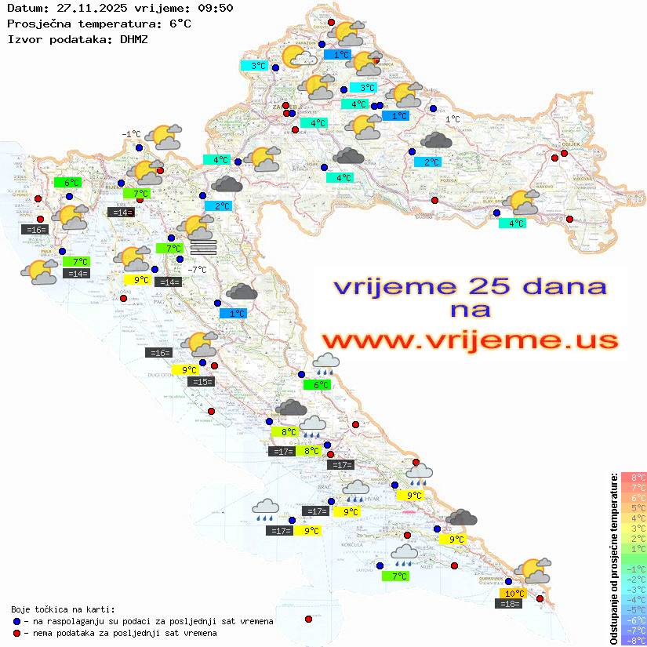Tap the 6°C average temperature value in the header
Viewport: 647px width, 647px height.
point(178,24)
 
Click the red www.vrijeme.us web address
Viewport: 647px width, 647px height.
point(469,340)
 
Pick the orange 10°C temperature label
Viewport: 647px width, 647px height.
point(514,594)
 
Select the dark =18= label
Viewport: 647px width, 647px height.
point(511,603)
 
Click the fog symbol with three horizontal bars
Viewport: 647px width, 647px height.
point(203,247)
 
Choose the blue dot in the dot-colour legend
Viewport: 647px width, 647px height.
point(16,621)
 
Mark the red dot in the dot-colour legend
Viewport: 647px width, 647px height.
point(16,633)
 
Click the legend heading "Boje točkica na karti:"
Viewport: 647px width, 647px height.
point(63,609)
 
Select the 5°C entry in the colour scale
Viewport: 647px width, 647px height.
point(632,507)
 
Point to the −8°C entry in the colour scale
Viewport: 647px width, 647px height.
point(632,640)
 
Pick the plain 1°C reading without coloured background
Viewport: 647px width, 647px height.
point(453,119)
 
